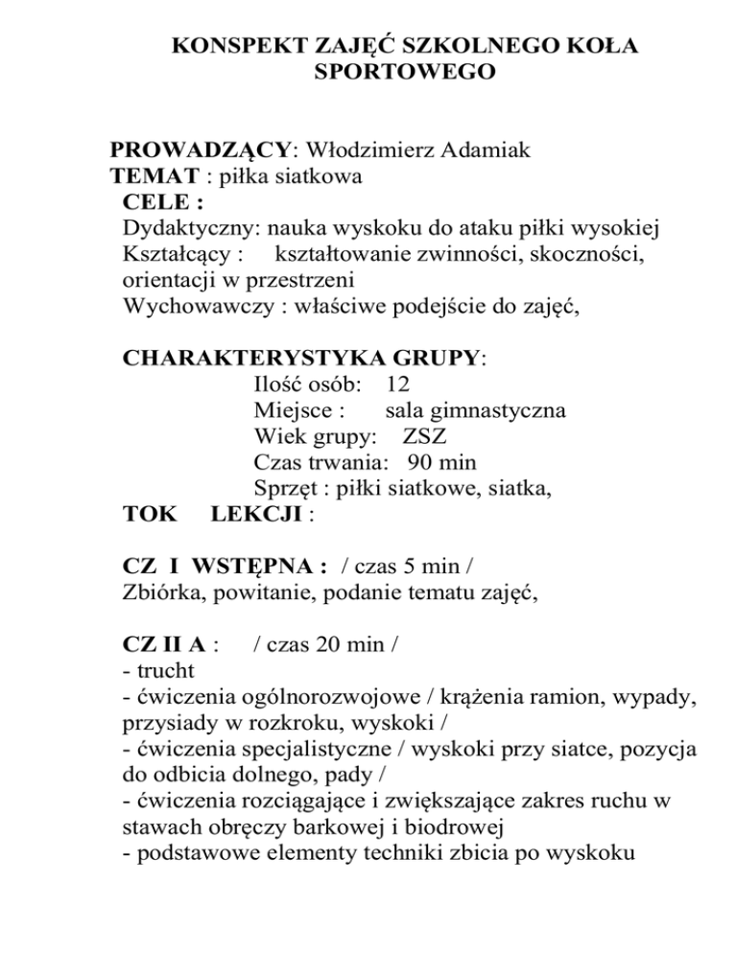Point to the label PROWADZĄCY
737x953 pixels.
coord(201,151)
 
